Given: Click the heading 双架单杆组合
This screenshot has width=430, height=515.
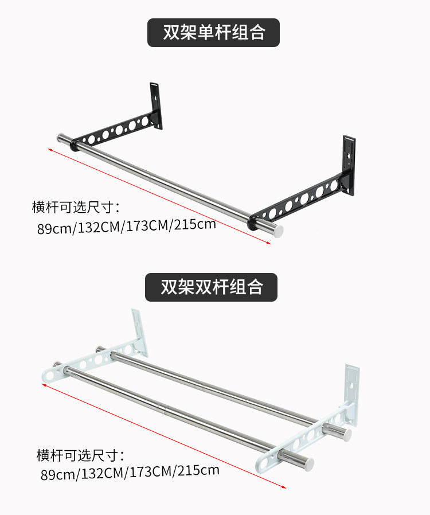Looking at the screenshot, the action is coord(214,33).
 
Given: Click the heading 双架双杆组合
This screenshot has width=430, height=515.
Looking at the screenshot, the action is coord(212,287).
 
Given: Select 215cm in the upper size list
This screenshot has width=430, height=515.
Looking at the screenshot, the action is coord(195,224).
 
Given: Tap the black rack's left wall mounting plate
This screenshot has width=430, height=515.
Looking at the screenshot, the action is coord(157,105).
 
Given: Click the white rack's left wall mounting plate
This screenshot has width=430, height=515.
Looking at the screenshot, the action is coord(139,331).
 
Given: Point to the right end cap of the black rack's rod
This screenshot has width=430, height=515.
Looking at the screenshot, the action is coord(277,231).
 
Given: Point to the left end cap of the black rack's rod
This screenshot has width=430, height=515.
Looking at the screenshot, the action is coord(61,138).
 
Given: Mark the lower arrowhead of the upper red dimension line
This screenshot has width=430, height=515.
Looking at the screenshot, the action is coord(269,243).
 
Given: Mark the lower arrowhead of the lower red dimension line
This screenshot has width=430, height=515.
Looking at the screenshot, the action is coord(284,487).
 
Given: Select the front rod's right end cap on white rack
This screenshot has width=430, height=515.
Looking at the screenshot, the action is coord(308,464).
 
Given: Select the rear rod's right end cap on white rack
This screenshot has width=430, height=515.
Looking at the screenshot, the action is coord(346,434).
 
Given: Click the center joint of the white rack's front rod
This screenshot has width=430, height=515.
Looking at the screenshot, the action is coord(163,409).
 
